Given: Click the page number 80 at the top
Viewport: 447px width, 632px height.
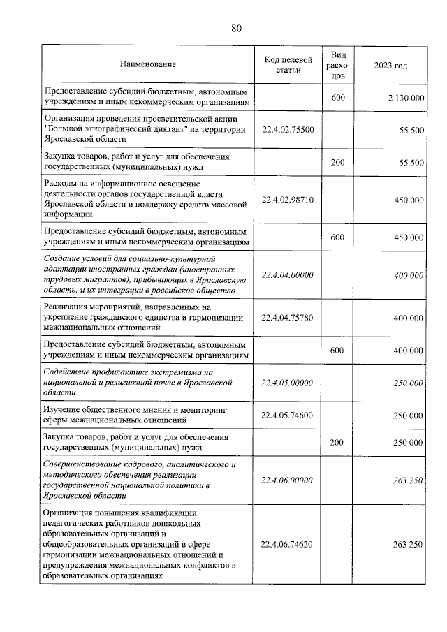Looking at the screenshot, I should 236,28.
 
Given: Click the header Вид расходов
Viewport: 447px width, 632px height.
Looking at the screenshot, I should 337,64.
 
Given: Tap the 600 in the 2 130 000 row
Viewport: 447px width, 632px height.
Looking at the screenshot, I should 337,98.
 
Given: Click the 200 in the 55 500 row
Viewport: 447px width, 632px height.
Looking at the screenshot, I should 337,162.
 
